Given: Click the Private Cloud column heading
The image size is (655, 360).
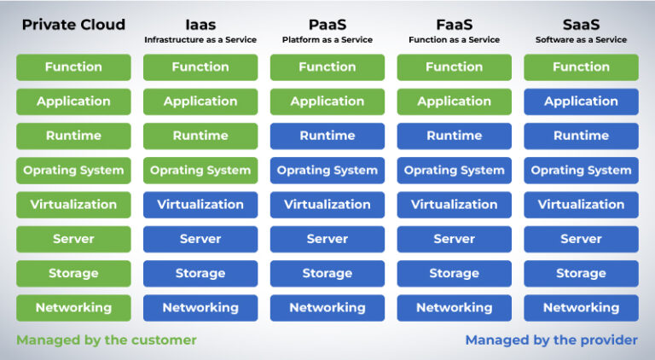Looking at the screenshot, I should click(73, 25).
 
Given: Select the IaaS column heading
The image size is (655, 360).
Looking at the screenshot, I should click(200, 25).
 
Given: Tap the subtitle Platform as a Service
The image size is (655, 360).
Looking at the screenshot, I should click(327, 40).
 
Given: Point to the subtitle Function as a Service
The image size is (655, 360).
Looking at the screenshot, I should click(454, 40).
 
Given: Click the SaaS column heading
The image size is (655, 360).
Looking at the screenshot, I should click(581, 25).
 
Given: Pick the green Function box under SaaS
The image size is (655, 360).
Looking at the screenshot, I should click(581, 67).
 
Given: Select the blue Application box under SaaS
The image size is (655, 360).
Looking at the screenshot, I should click(581, 102).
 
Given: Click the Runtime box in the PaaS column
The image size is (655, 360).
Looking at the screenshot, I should click(327, 136).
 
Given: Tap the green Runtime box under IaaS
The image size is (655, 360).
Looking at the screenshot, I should click(200, 136).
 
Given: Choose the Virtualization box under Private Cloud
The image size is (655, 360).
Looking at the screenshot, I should click(73, 205).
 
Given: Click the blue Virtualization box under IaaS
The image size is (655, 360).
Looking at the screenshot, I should click(200, 205).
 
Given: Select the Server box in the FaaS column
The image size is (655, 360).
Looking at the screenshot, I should click(454, 239).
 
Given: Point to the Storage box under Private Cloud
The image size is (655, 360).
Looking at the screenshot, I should click(73, 274).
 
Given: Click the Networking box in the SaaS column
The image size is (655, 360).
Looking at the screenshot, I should click(581, 308).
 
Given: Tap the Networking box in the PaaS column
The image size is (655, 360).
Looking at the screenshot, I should click(327, 308).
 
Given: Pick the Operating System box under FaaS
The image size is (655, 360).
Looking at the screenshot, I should click(454, 171).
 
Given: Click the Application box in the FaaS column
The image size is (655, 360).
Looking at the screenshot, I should click(454, 102).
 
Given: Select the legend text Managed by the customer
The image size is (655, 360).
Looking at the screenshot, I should click(107, 340).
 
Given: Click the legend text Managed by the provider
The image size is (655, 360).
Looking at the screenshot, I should click(551, 340).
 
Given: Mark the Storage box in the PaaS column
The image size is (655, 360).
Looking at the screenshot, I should click(327, 274).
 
